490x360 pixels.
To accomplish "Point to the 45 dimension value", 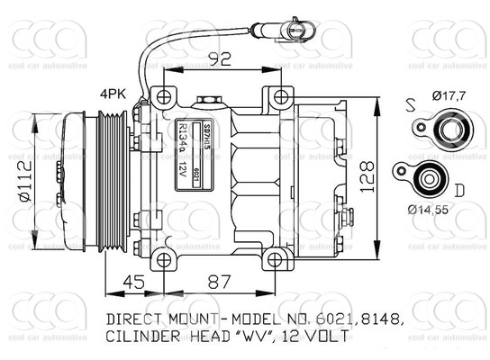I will pyautogui.click(x=132, y=283).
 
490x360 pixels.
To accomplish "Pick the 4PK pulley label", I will pyautogui.click(x=113, y=93).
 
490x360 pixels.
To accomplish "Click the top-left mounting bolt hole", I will pyautogui.click(x=162, y=97).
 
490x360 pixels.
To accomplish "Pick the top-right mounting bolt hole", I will pyautogui.click(x=282, y=97).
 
